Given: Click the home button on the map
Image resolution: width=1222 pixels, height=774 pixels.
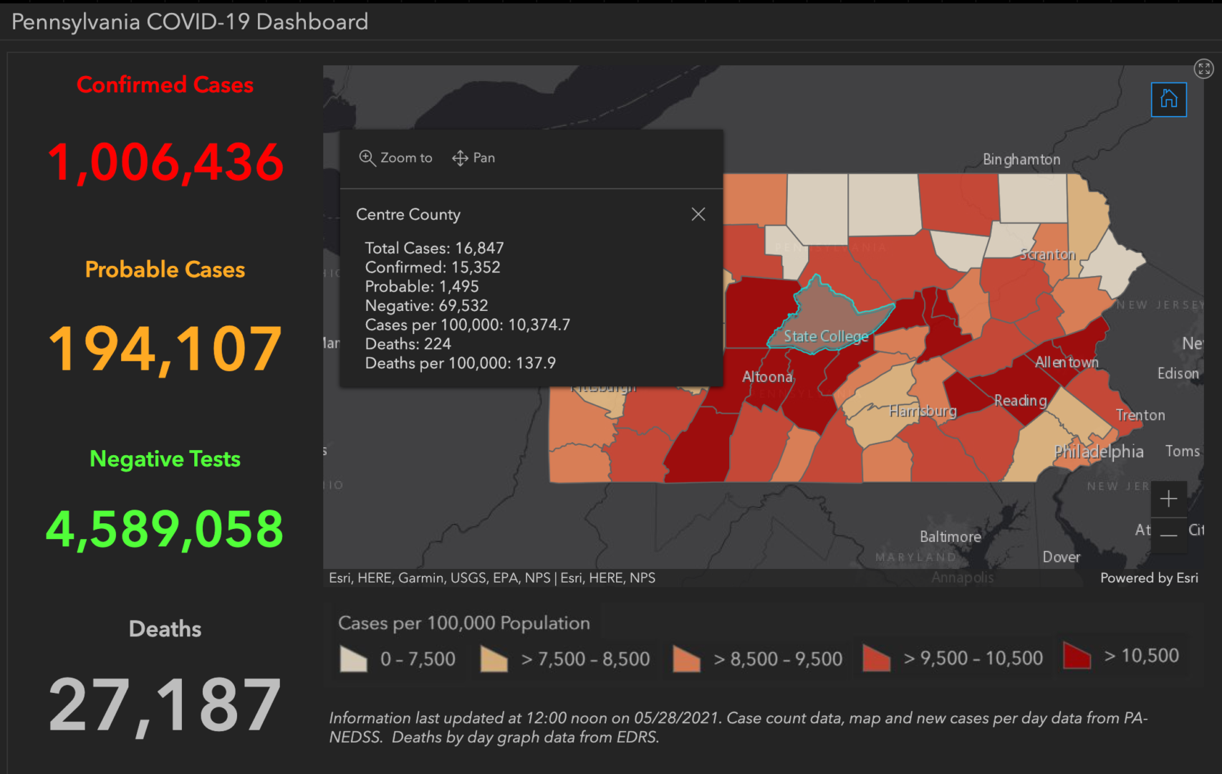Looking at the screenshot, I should (1168, 99).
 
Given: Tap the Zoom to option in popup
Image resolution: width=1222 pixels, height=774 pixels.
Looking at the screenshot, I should (396, 158).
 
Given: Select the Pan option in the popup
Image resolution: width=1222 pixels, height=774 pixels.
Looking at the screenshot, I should (473, 158).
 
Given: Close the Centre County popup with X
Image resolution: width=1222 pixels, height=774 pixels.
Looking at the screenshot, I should (698, 214).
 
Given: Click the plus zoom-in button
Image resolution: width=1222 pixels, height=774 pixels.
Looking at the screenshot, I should (1168, 499).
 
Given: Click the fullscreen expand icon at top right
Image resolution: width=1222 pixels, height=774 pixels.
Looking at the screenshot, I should (1203, 69).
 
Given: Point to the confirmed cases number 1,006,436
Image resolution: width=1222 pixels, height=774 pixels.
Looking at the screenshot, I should (165, 162).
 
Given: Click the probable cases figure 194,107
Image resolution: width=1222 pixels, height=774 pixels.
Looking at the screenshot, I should (165, 349).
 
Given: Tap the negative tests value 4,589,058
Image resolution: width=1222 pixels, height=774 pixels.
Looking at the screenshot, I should (165, 530).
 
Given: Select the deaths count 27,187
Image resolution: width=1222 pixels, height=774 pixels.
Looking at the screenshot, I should (165, 706).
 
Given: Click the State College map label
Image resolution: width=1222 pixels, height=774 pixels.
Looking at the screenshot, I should (825, 336).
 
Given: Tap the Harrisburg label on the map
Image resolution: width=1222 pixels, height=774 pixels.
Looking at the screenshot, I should (923, 411).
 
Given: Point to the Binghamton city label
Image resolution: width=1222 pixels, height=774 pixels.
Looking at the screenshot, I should (1021, 159).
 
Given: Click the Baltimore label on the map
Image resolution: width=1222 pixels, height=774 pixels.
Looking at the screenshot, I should (950, 537).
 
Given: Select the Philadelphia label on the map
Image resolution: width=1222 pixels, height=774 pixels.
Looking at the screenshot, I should (1098, 451).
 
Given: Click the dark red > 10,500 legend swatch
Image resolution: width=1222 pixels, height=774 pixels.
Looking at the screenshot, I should (1077, 656).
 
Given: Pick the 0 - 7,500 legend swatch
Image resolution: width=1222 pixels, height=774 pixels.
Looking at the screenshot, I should (353, 659).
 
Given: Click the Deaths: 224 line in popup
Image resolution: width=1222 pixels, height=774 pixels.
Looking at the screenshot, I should (408, 344).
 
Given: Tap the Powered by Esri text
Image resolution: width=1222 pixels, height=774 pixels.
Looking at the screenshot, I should (1148, 578).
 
